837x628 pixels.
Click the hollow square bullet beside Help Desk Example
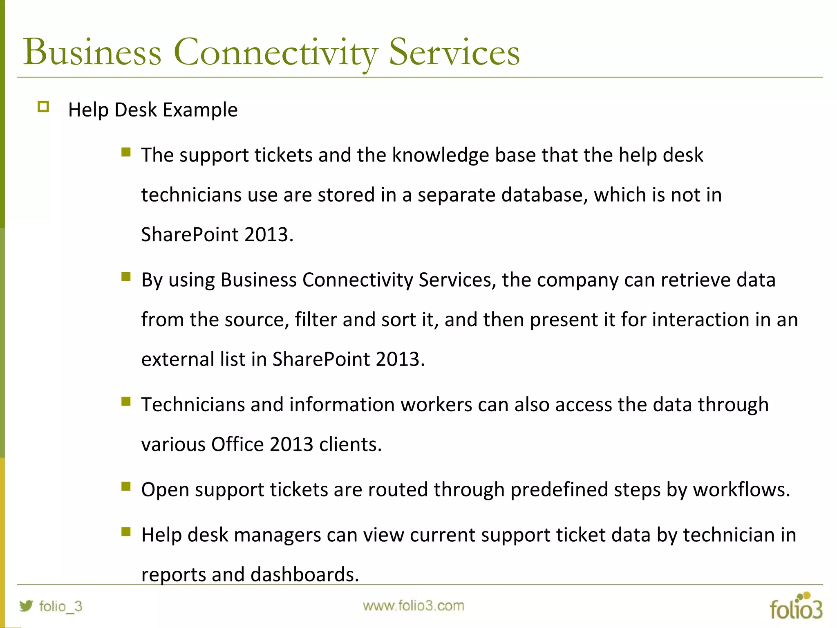pos(43,107)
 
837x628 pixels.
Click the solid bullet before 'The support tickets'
pos(126,153)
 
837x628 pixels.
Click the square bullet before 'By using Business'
pos(126,277)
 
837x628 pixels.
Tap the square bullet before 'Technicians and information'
pos(126,401)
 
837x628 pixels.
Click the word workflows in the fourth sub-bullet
pos(741,490)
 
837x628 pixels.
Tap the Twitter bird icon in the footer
pos(26,606)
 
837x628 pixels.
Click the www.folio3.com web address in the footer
pos(413,606)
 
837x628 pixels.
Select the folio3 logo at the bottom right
pos(796,607)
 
